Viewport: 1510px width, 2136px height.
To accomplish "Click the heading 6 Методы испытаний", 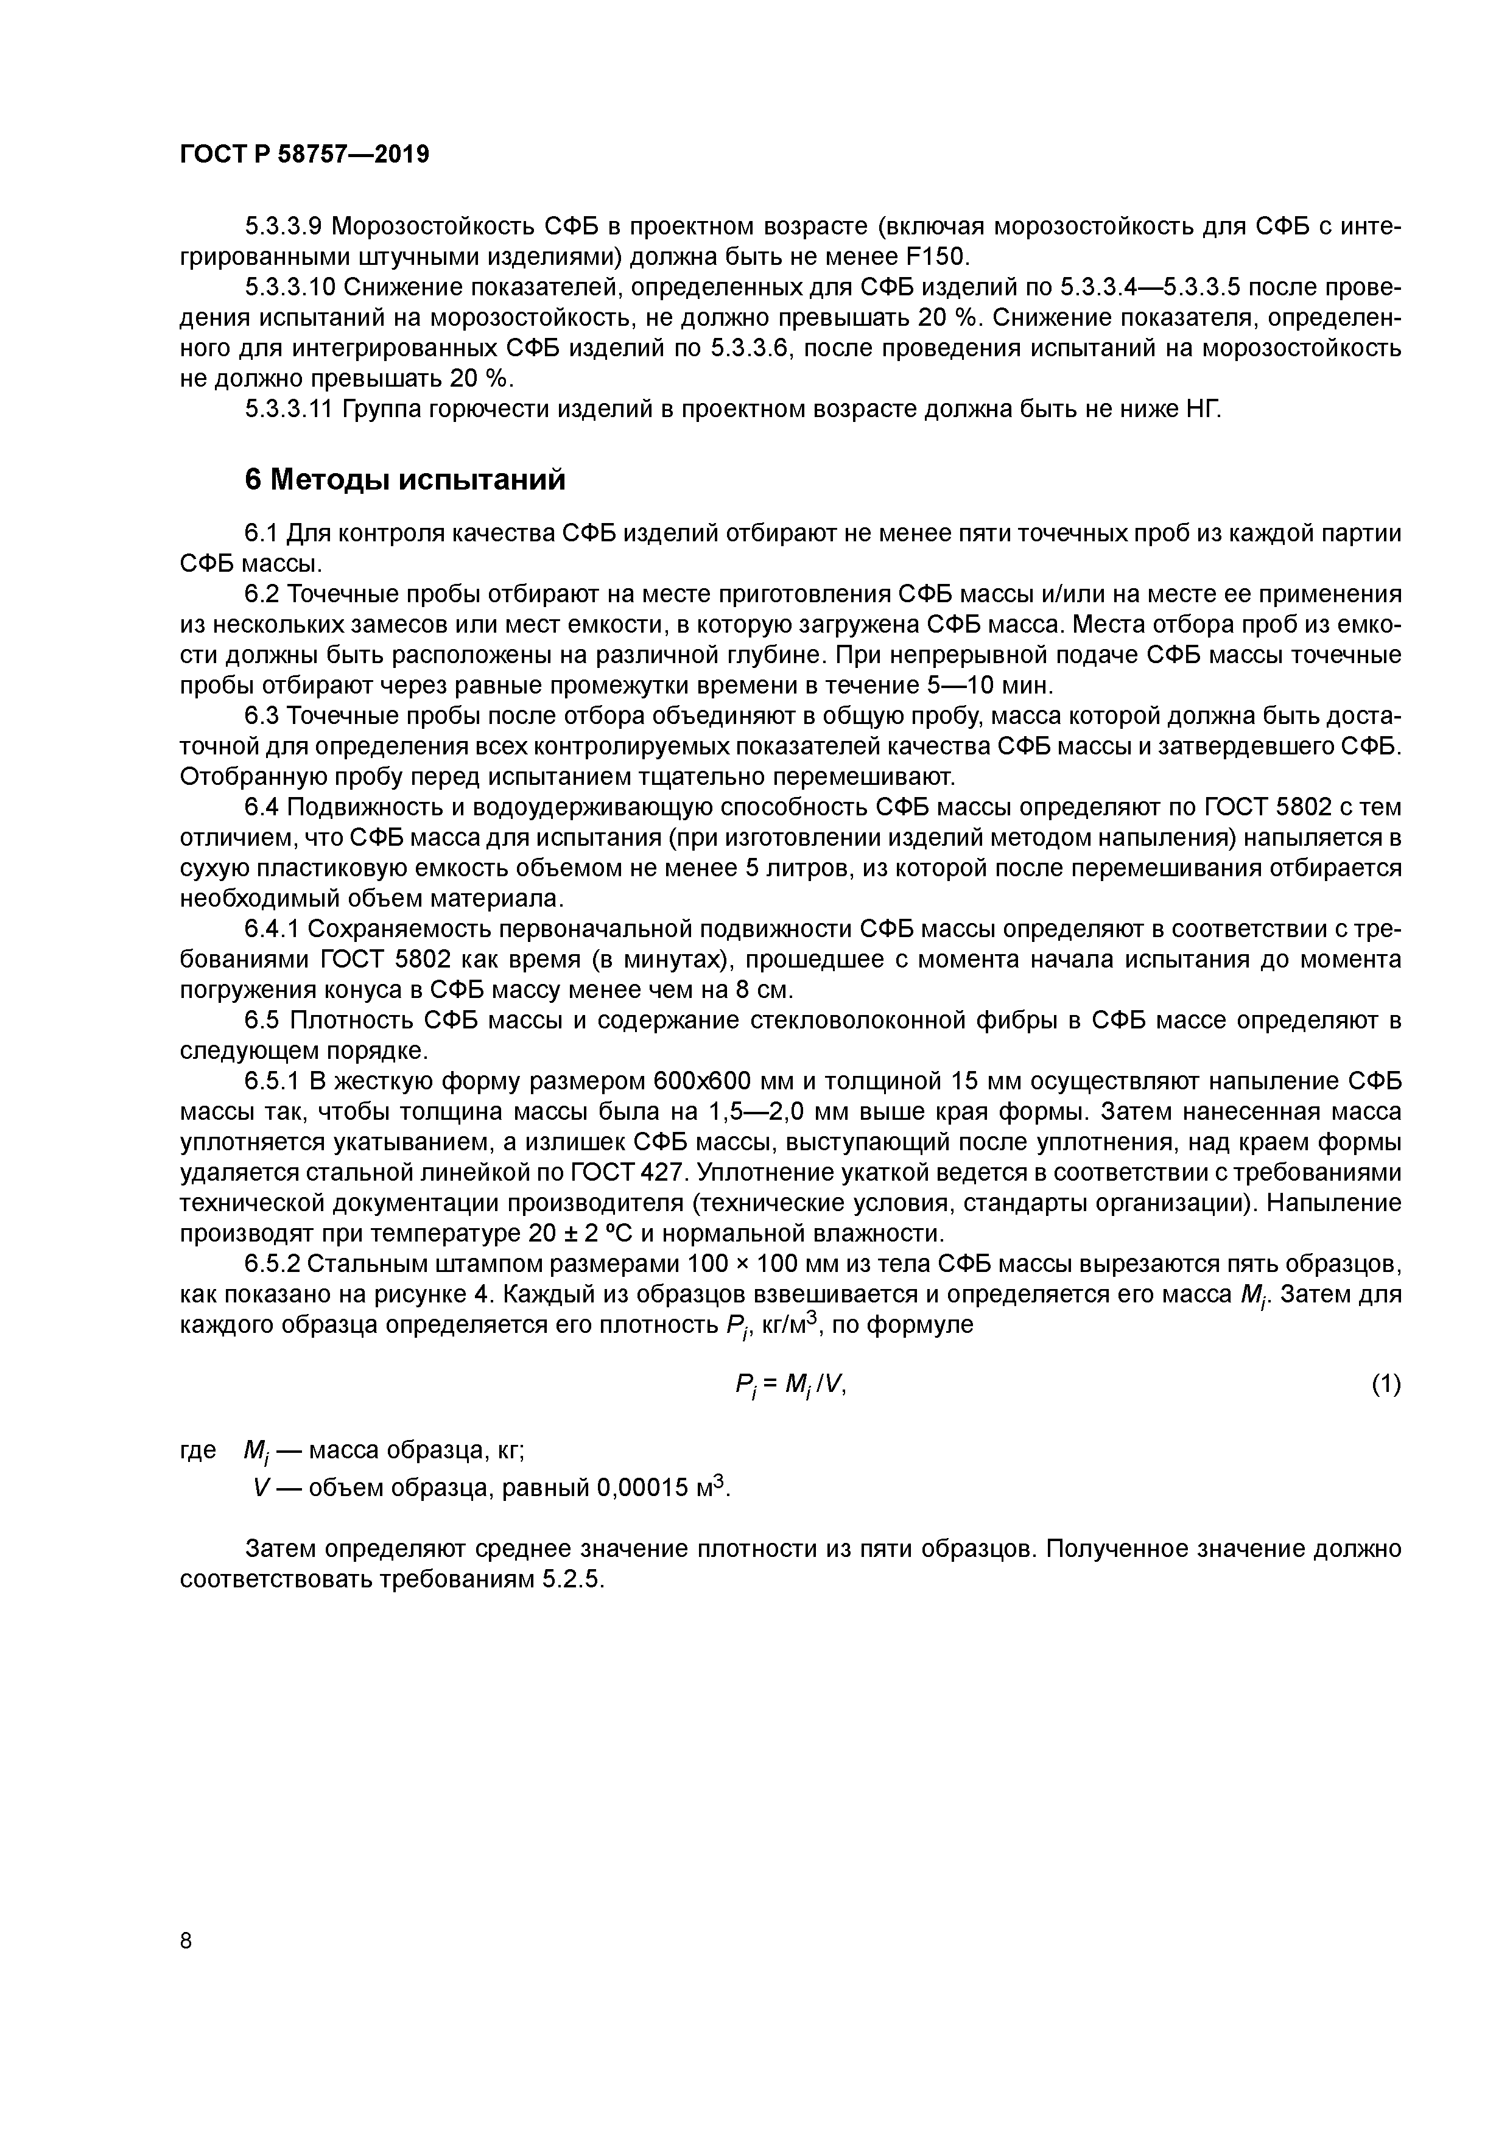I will click(x=405, y=479).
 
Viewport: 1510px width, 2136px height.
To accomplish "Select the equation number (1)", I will click(x=1385, y=1384).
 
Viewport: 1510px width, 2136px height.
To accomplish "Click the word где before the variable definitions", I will click(x=197, y=1449).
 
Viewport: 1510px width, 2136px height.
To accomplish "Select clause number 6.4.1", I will click(x=272, y=929).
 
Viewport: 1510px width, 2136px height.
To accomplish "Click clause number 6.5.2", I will click(x=272, y=1263).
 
